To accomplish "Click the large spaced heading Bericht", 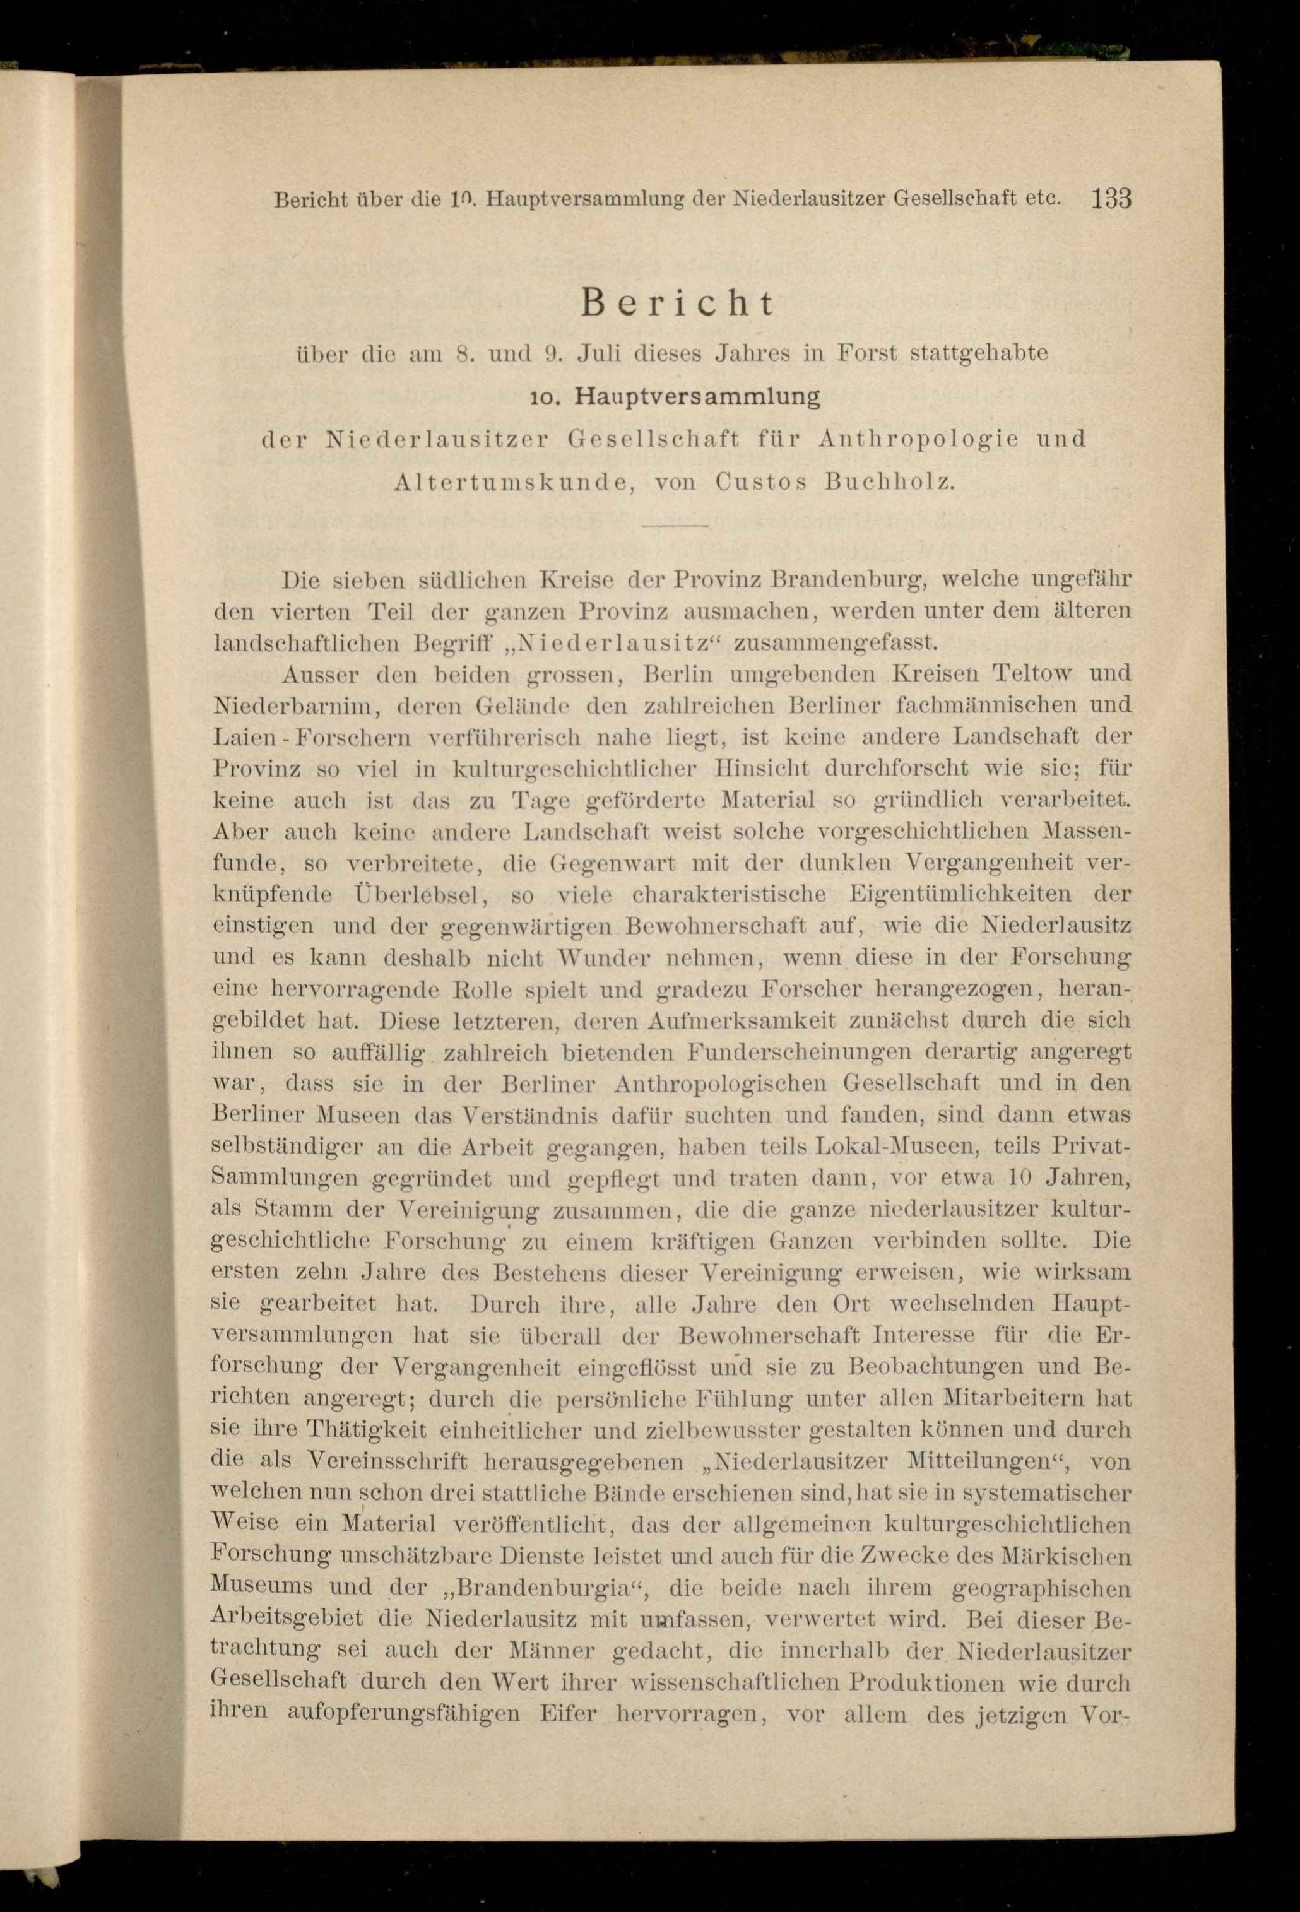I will [x=677, y=304].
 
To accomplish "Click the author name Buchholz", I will [x=889, y=482].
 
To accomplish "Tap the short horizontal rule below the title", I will [x=675, y=525].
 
